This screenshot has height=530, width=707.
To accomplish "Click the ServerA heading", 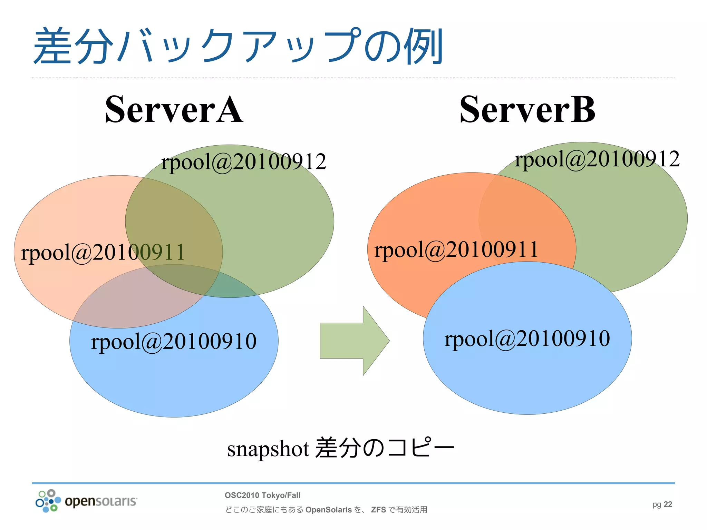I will pyautogui.click(x=174, y=110).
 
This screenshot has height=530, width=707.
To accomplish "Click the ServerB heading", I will pyautogui.click(x=527, y=110).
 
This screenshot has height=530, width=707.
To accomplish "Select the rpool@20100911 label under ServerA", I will pyautogui.click(x=103, y=252).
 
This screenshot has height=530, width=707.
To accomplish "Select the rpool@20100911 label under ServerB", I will pyautogui.click(x=456, y=249).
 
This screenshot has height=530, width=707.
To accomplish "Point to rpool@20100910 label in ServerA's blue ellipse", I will pyautogui.click(x=174, y=341).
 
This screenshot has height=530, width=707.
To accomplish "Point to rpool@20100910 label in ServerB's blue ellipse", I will pyautogui.click(x=527, y=338).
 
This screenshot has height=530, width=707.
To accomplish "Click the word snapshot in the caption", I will pyautogui.click(x=268, y=449).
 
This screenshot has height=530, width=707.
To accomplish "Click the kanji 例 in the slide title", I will pyautogui.click(x=424, y=47).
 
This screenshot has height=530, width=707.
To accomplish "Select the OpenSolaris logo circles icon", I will pyautogui.click(x=48, y=501).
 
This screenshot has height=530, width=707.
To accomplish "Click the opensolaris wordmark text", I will pyautogui.click(x=101, y=501).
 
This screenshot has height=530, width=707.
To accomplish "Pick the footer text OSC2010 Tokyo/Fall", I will pyautogui.click(x=262, y=495).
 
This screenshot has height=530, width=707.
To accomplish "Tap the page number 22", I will pyautogui.click(x=668, y=504).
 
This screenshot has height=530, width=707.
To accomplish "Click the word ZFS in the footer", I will pyautogui.click(x=378, y=510).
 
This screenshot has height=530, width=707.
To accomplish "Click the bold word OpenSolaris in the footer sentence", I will pyautogui.click(x=328, y=510).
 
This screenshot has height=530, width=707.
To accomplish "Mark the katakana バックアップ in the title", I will pyautogui.click(x=238, y=47).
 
